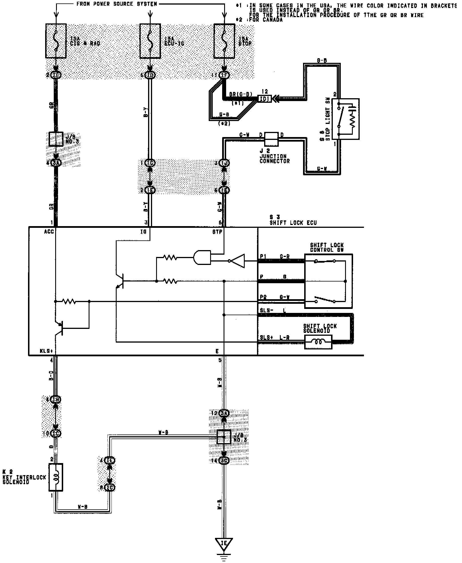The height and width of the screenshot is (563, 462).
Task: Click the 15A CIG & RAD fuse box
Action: point(56,41)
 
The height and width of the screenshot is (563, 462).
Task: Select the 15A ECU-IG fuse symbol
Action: point(150,41)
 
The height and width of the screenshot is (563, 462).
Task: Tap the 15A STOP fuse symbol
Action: point(224,41)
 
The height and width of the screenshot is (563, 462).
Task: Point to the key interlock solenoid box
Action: point(56,477)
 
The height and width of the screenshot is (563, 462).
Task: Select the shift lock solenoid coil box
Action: point(318,342)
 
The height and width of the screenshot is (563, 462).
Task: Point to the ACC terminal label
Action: point(49,232)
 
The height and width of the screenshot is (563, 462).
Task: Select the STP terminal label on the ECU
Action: point(217,232)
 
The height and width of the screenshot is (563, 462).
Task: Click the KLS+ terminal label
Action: point(47,351)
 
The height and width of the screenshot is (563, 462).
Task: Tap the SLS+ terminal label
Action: point(266,337)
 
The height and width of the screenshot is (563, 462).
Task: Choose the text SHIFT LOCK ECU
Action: point(293,223)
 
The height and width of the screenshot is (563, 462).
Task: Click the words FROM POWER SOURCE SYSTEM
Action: point(117,4)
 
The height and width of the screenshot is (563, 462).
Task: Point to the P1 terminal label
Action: point(263,256)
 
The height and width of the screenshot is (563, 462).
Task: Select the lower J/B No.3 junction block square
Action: point(224,437)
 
